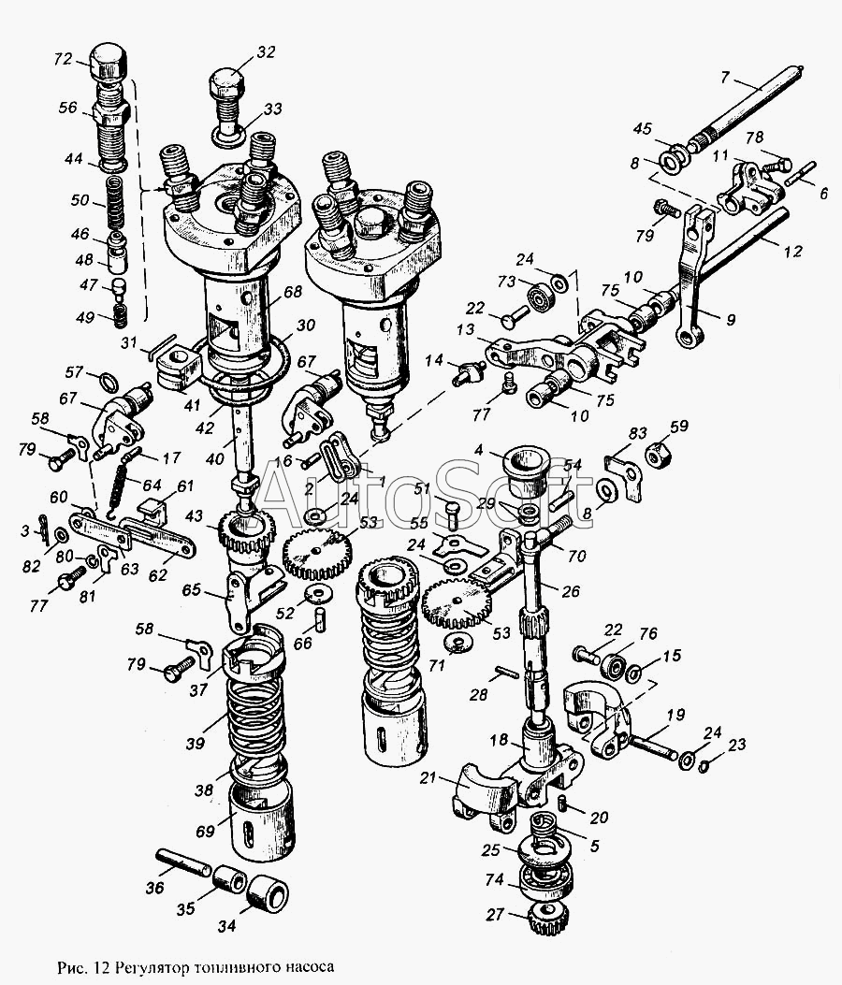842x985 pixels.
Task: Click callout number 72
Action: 64,59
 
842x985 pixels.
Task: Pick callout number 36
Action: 156,887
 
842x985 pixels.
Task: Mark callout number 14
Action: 434,359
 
